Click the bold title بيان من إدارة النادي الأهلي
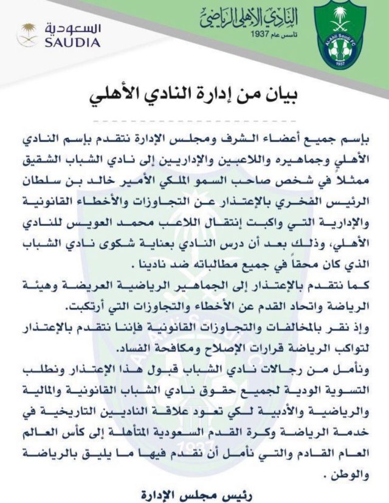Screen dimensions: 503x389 (194, 96)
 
